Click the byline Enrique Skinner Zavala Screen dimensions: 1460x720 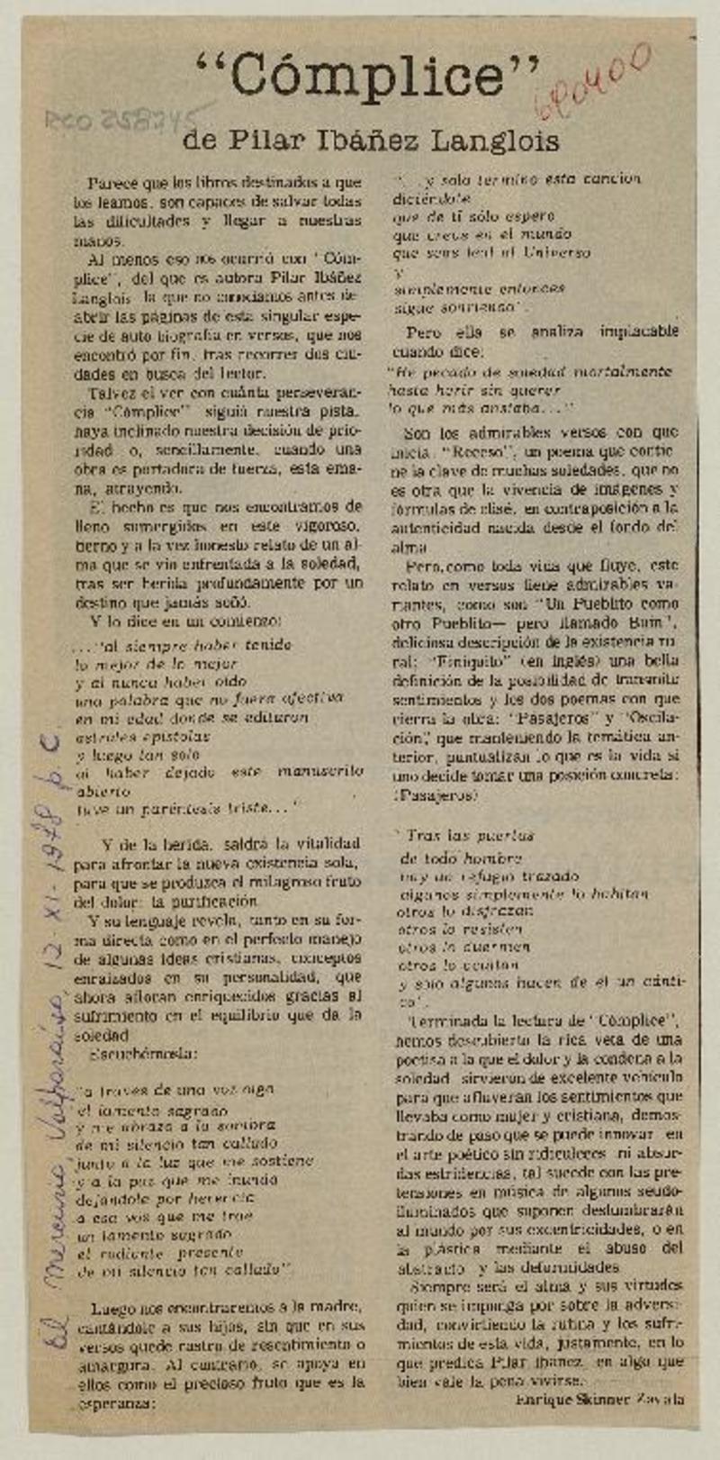(x=600, y=1399)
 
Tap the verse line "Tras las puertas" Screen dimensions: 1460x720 (x=468, y=836)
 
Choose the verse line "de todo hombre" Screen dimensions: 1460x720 (x=460, y=858)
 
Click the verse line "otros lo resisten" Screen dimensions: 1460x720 (x=460, y=929)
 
